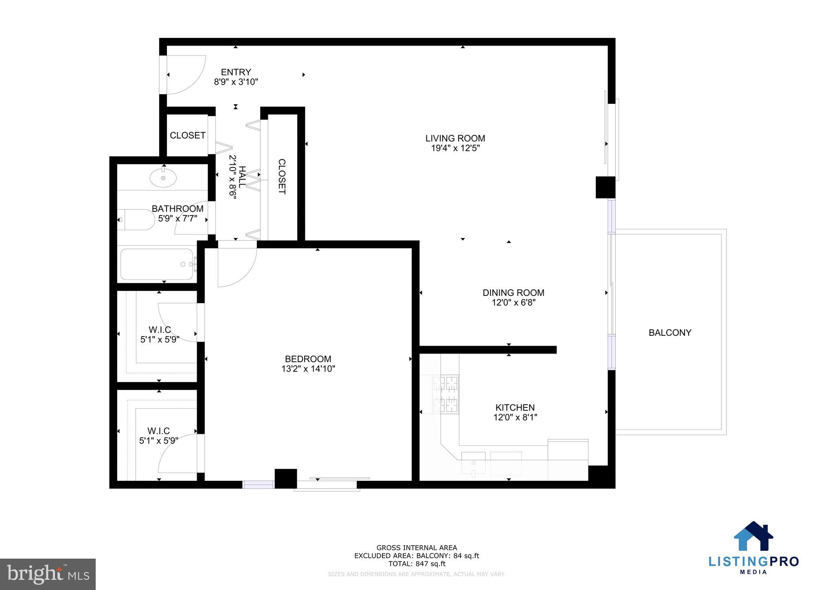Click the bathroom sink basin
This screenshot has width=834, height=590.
point(163,178)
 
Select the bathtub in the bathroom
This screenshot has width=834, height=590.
point(157,264)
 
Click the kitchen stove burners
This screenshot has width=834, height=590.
point(446,394)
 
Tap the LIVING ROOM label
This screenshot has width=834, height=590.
point(455,138)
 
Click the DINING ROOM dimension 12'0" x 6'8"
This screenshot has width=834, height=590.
point(513,303)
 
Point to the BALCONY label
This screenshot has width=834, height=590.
point(670,332)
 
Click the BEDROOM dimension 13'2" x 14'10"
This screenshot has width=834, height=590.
point(308,369)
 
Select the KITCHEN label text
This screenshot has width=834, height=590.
point(515,407)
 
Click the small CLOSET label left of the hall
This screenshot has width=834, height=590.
point(187,135)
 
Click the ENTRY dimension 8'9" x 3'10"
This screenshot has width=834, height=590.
point(236,82)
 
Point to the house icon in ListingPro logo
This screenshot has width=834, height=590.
point(753,537)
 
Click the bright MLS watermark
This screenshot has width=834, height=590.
point(48,574)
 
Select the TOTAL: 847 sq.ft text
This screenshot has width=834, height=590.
point(417,564)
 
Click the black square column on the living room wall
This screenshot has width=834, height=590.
point(605,187)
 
